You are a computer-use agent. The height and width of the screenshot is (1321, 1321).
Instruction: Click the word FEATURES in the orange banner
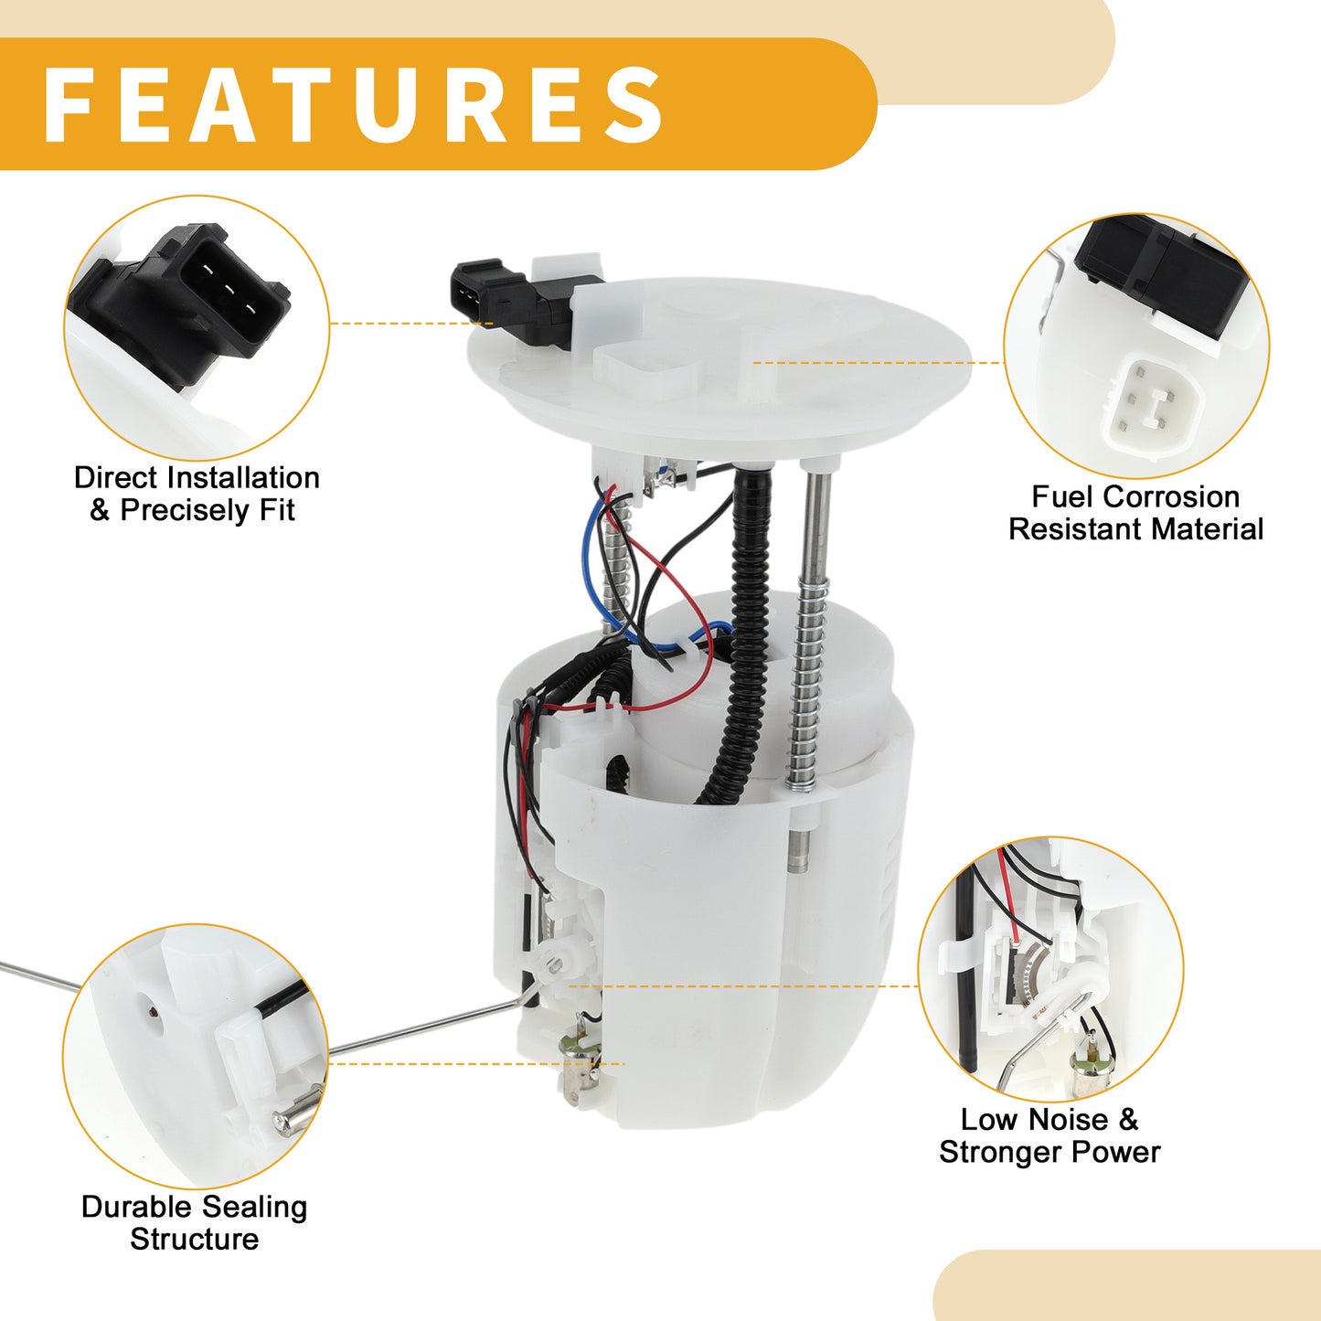click(x=353, y=104)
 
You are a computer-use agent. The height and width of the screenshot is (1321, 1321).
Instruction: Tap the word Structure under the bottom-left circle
click(x=195, y=1240)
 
